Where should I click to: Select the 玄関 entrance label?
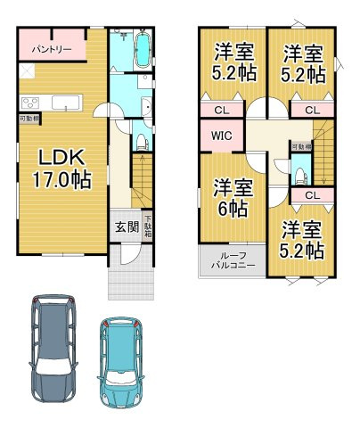click(x=126, y=226)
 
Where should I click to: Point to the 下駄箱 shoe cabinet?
click(x=148, y=225)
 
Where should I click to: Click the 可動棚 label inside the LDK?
click(x=28, y=118)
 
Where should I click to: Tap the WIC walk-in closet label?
click(x=221, y=136)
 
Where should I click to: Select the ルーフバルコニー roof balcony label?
click(x=224, y=261)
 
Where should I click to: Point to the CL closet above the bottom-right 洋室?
click(x=313, y=193)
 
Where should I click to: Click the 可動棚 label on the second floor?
click(x=299, y=145)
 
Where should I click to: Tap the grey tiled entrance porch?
click(x=132, y=283)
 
